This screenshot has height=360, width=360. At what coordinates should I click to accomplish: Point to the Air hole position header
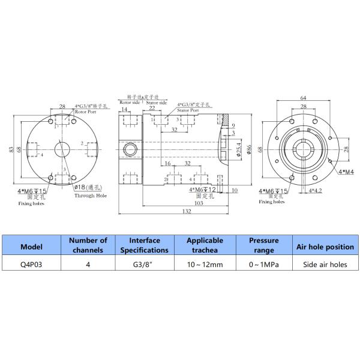[x=322, y=247]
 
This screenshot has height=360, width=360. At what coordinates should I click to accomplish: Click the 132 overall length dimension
[x=170, y=211]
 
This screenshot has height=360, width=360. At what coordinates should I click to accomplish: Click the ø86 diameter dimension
[x=247, y=148]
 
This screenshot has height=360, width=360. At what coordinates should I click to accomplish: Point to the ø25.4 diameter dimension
[x=238, y=148]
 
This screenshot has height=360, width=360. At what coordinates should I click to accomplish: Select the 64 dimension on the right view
[x=304, y=98]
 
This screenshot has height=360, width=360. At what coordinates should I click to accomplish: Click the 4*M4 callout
[x=346, y=171]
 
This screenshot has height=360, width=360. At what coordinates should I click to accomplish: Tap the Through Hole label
[x=91, y=196]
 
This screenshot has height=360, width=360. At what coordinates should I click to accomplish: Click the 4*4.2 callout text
[x=315, y=191]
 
